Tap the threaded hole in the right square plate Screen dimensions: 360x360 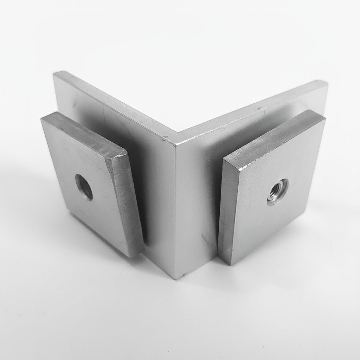pos(277,192)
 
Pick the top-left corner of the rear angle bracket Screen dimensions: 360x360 pos(55,73)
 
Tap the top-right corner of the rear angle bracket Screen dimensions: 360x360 pos(327,83)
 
